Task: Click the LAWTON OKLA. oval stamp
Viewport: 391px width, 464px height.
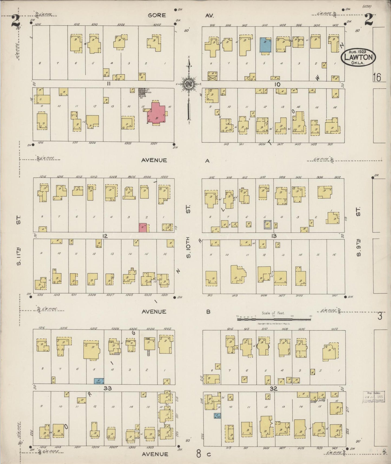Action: tap(358, 57)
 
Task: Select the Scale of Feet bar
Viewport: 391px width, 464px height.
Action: tap(274, 319)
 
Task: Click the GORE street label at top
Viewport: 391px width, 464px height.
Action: tap(157, 15)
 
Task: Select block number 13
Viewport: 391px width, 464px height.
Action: tap(274, 236)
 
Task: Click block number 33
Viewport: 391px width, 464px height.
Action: tap(108, 388)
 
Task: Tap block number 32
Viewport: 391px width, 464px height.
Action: tap(273, 388)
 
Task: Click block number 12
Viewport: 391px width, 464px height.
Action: tap(105, 236)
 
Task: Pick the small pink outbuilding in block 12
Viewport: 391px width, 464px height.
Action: tap(143, 227)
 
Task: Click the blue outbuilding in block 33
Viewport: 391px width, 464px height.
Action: tap(99, 381)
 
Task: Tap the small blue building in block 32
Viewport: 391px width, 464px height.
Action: tap(218, 416)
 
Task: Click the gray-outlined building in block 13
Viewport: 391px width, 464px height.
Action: tap(267, 224)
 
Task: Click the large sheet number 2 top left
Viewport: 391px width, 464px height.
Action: tap(15, 21)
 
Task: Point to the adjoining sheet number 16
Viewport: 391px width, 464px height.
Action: tap(377, 77)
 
